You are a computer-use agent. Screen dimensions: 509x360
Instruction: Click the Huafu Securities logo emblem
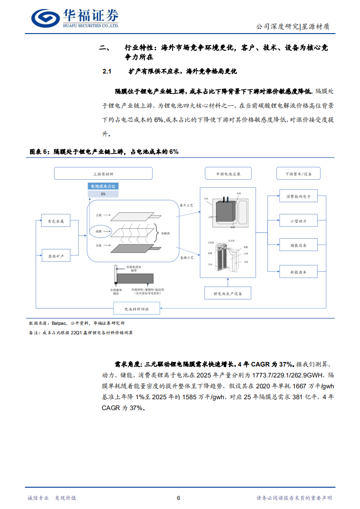46,18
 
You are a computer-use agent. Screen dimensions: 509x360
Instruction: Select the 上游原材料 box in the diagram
103,174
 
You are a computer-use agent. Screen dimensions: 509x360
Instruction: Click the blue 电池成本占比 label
103,186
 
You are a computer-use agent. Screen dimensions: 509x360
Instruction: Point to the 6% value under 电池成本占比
103,194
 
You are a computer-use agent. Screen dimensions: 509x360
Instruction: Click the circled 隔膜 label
99,231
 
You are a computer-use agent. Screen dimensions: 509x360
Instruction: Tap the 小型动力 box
298,221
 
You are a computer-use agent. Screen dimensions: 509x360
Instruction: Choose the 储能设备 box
298,245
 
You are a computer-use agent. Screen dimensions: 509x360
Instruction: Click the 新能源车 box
298,272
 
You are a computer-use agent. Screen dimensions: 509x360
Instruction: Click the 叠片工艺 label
187,206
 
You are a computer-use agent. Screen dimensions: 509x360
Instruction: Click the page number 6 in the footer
178,498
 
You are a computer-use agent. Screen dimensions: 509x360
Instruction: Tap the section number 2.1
107,72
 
